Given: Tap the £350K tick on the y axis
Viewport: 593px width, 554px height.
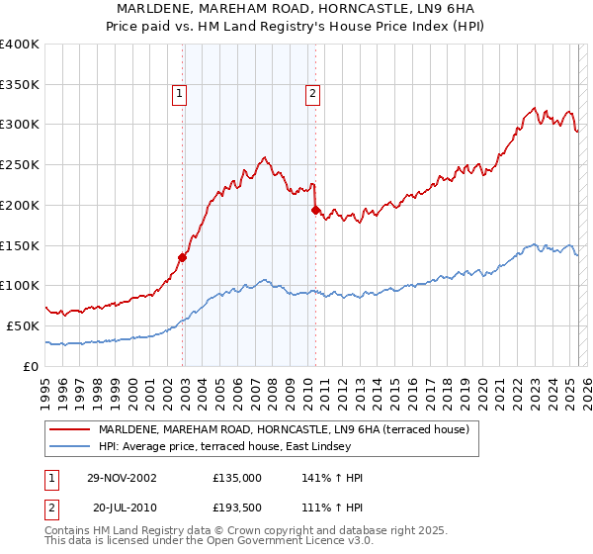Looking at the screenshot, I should (20, 84).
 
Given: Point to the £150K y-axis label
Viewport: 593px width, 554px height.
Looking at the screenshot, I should (20, 245).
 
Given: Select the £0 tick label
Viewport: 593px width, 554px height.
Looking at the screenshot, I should (31, 366).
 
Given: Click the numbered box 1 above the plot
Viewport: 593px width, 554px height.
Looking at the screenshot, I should (180, 95).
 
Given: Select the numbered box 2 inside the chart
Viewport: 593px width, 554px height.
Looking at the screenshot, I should (312, 95).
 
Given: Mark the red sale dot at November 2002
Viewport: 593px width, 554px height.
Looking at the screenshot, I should (183, 257).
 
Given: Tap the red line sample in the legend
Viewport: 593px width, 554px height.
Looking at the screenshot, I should (70, 429).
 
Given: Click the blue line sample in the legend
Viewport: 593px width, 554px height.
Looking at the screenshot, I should (70, 446).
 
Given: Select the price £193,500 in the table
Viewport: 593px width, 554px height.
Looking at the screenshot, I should (237, 507).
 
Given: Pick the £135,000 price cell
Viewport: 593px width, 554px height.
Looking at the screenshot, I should (237, 477).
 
